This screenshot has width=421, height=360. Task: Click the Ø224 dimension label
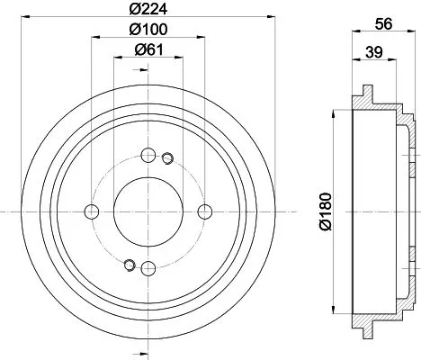[148, 12]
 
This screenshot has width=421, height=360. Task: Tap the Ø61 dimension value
[148, 51]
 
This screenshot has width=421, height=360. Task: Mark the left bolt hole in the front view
[90, 211]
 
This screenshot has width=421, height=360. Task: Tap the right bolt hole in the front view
[205, 211]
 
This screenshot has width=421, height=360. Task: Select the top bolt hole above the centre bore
[148, 154]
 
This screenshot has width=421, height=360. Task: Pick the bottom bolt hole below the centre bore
[148, 268]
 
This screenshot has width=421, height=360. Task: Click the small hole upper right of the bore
[166, 160]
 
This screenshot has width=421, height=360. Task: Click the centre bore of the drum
[148, 211]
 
